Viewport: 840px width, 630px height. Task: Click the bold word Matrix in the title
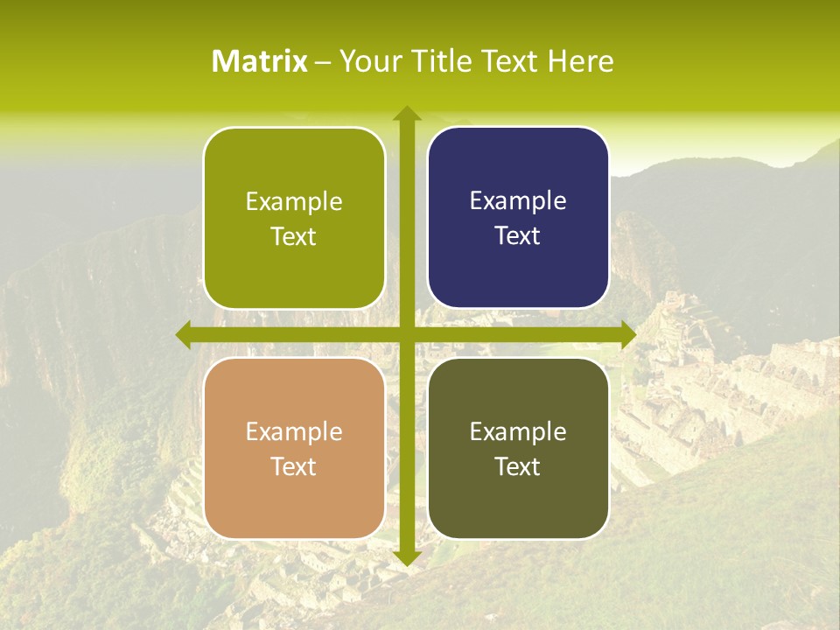[260, 61]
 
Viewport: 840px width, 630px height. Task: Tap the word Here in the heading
[580, 61]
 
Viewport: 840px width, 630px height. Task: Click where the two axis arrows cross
[406, 334]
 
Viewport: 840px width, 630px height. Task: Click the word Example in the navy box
[518, 201]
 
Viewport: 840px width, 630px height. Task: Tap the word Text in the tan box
[294, 466]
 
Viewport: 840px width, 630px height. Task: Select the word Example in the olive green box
[294, 202]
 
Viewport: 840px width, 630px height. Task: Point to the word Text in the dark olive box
[518, 466]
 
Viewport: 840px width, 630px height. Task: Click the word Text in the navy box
[518, 236]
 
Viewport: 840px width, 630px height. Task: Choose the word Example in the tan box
[294, 431]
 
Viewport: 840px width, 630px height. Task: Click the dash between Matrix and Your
[323, 62]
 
